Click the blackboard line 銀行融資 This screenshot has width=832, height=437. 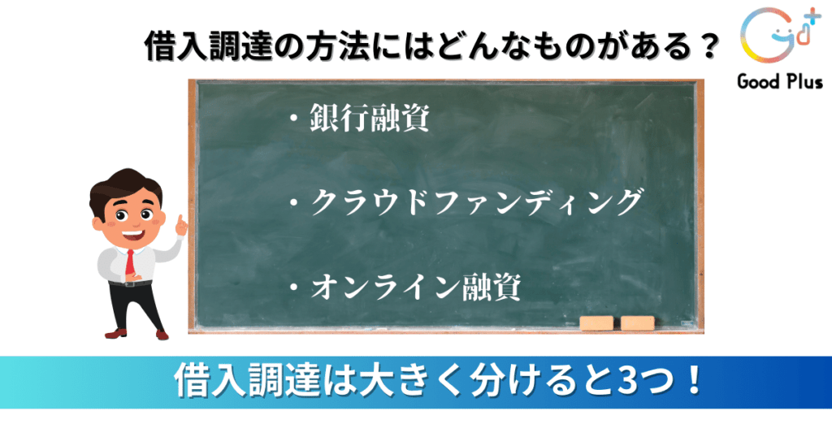click(x=370, y=117)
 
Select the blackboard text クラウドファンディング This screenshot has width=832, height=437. click(x=477, y=202)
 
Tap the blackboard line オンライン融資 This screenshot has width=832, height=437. click(x=415, y=287)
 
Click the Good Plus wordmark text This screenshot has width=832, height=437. click(x=779, y=82)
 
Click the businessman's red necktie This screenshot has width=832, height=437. click(x=129, y=262)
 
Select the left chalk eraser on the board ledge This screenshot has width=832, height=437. click(x=596, y=323)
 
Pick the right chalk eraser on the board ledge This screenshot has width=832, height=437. click(x=637, y=323)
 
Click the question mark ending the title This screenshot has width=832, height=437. click(x=708, y=46)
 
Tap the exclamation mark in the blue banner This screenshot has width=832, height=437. click(x=693, y=379)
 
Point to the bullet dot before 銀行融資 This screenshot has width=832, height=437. click(x=293, y=118)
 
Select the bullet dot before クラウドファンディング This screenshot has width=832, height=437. click(x=293, y=203)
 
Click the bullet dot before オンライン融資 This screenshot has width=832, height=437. click(x=293, y=288)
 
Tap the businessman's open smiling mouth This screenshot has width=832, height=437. click(x=133, y=234)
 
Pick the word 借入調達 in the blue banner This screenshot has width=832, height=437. click(x=247, y=380)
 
